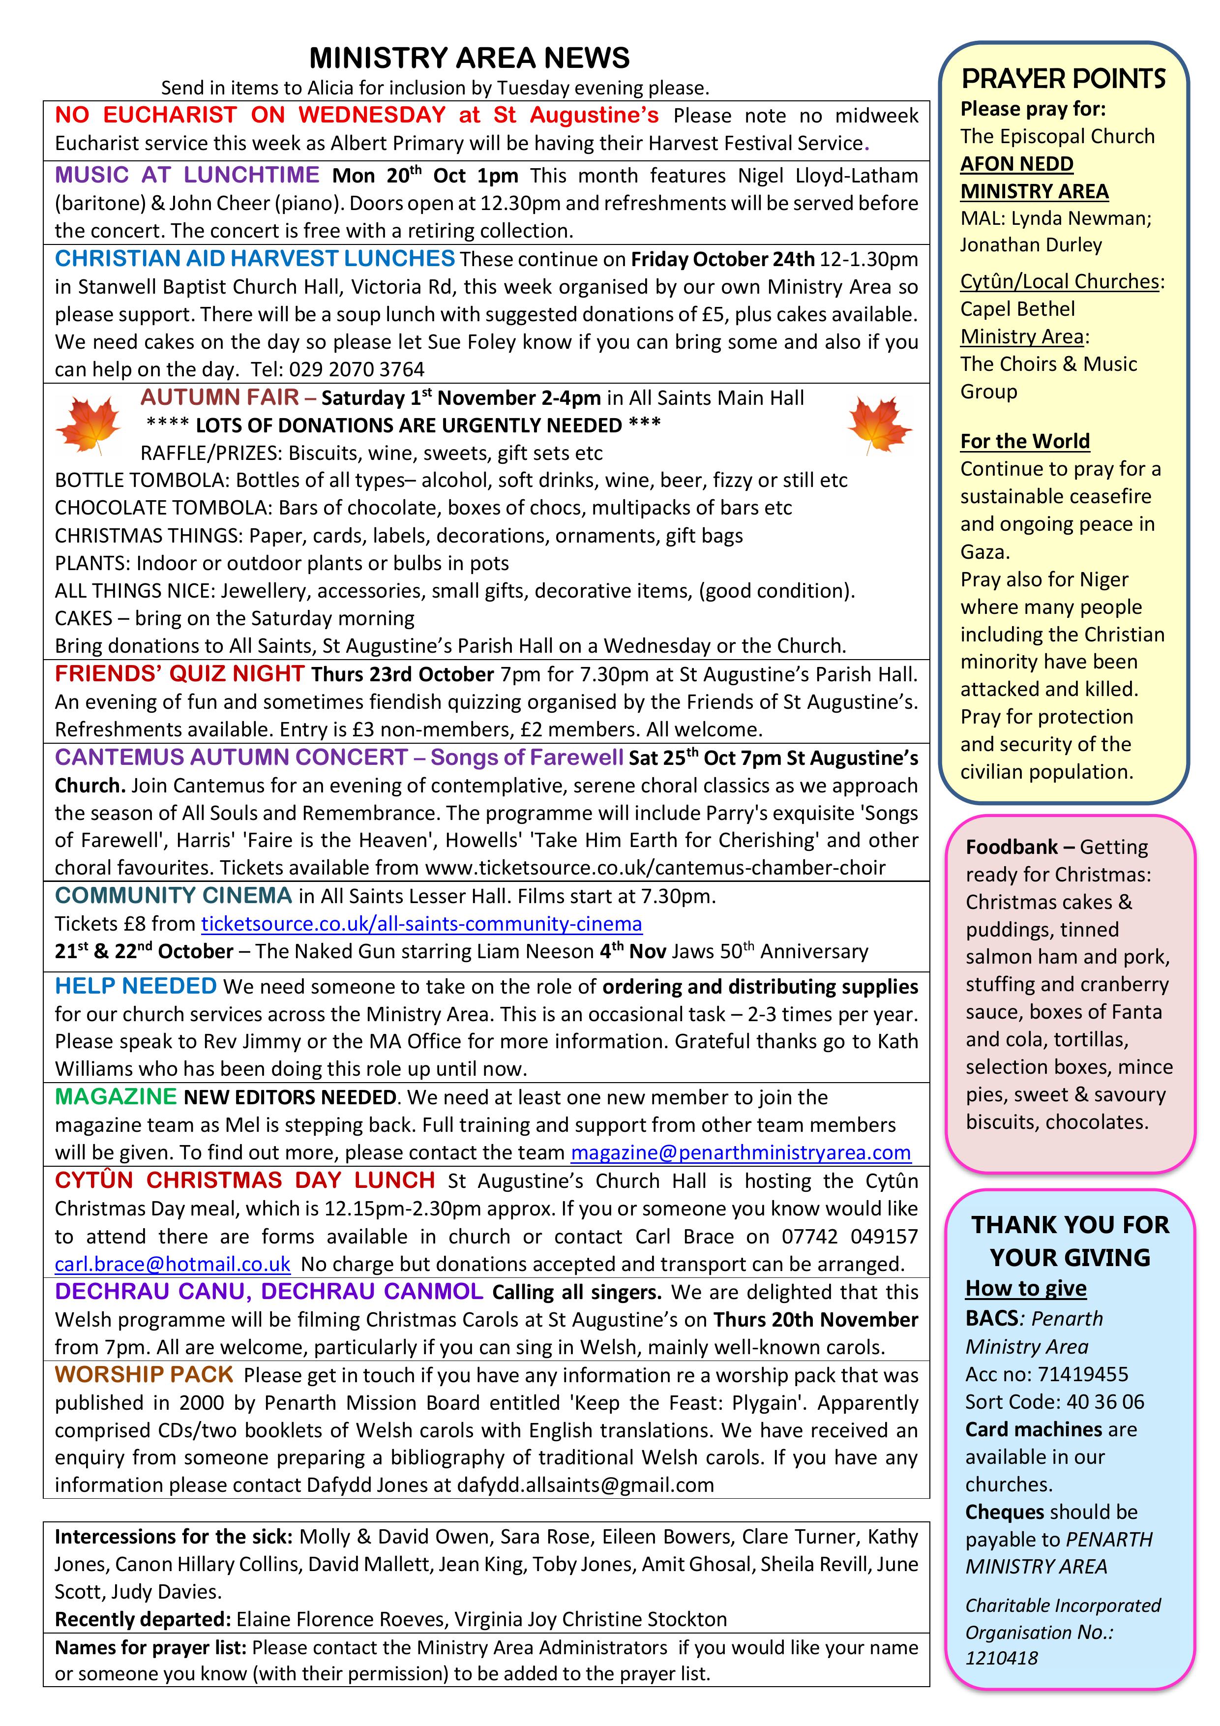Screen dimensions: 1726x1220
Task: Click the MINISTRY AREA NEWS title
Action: click(469, 58)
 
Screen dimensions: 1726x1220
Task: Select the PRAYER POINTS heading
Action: click(1064, 79)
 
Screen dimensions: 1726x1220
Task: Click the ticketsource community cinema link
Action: click(422, 924)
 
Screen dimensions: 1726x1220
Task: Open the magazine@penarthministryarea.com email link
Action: click(741, 1152)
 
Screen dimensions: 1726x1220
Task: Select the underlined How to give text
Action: click(1025, 1289)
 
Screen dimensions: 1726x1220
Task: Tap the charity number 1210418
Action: click(1001, 1658)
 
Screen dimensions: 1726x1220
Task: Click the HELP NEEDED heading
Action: click(135, 986)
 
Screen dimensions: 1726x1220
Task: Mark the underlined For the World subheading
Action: click(1025, 441)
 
